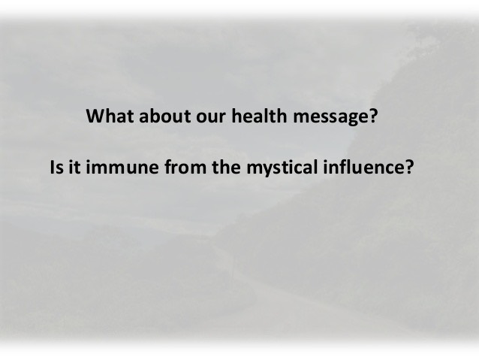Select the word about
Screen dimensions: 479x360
[x=164, y=116]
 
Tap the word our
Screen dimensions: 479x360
[x=211, y=118]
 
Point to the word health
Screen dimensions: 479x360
[x=259, y=116]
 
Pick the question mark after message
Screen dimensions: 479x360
[x=373, y=116]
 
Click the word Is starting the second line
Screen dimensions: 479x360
[x=56, y=167]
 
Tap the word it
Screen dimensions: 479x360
[x=74, y=167]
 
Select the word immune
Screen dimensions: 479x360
[x=122, y=167]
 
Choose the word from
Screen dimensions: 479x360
[x=185, y=167]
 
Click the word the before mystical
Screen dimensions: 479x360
[x=226, y=167]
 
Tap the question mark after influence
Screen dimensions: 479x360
[x=408, y=167]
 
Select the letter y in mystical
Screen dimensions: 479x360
[x=268, y=171]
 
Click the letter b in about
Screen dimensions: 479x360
[x=158, y=116]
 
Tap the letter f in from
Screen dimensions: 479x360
[x=169, y=167]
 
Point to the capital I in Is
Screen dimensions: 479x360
[x=52, y=167]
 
